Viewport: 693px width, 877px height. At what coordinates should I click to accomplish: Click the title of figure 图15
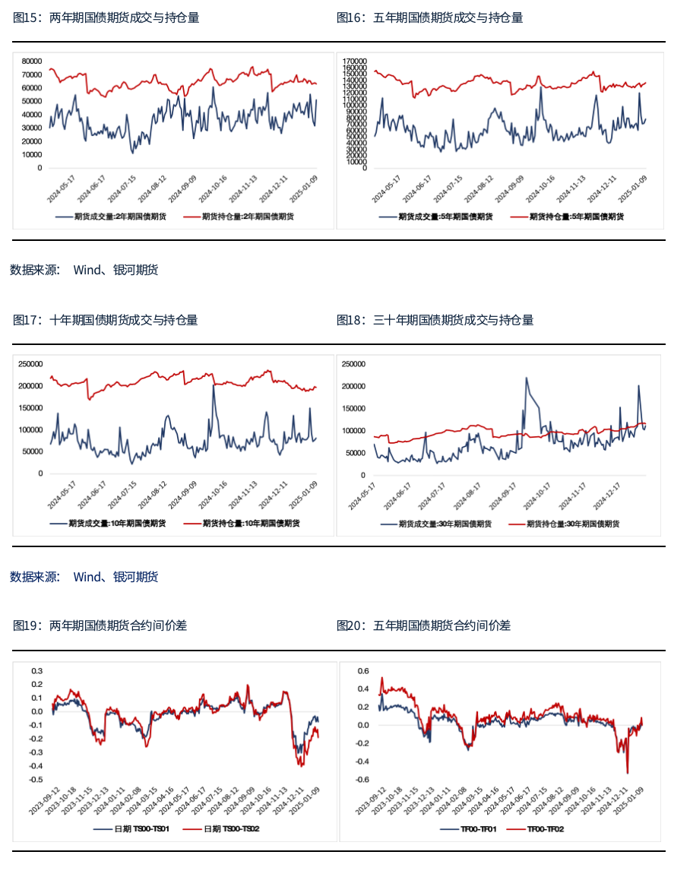[106, 18]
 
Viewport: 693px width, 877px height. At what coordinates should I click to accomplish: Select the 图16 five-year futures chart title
[429, 18]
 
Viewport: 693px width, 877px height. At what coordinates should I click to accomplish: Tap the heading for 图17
[105, 320]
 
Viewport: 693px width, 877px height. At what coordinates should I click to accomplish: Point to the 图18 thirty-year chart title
[435, 320]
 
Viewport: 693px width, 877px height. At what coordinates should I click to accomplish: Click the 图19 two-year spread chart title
[100, 625]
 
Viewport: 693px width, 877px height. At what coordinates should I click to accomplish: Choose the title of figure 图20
[423, 625]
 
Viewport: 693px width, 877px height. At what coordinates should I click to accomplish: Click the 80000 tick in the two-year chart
[32, 61]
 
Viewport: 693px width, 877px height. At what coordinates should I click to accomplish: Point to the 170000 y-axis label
[355, 61]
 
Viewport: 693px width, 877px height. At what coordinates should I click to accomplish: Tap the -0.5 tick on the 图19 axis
[36, 780]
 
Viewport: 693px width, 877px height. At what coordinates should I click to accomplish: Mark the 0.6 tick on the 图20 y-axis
[363, 671]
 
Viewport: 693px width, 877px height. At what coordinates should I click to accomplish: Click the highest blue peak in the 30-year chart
[527, 378]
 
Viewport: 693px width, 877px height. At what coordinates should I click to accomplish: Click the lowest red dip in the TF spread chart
[628, 773]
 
